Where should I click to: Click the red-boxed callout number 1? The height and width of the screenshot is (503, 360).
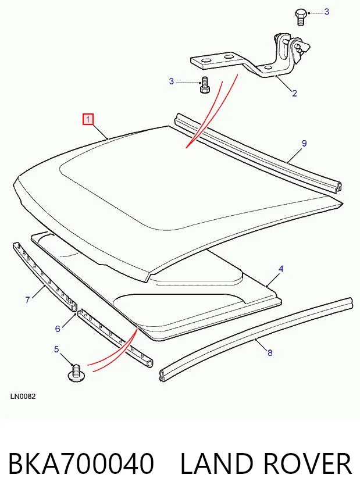[x=88, y=119]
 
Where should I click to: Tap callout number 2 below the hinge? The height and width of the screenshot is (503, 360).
[x=294, y=94]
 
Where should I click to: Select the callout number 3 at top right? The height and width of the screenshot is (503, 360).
[x=327, y=12]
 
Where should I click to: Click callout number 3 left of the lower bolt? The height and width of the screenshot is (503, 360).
[x=172, y=81]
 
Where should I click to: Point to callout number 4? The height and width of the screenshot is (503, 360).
[x=281, y=269]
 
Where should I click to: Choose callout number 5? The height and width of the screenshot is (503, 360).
[x=56, y=349]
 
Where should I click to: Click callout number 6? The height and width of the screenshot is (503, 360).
[x=58, y=329]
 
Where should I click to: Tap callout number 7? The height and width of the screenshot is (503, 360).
[x=27, y=300]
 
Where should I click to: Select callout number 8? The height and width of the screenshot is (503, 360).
[x=270, y=353]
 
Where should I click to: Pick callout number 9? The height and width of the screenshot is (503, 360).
[x=304, y=144]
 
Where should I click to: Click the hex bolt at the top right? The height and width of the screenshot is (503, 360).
[x=300, y=17]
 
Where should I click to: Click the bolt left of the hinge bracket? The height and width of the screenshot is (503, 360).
[x=204, y=85]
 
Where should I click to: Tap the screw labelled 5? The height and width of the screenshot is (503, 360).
[x=76, y=373]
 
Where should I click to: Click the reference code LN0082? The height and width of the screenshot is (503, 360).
[x=23, y=397]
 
